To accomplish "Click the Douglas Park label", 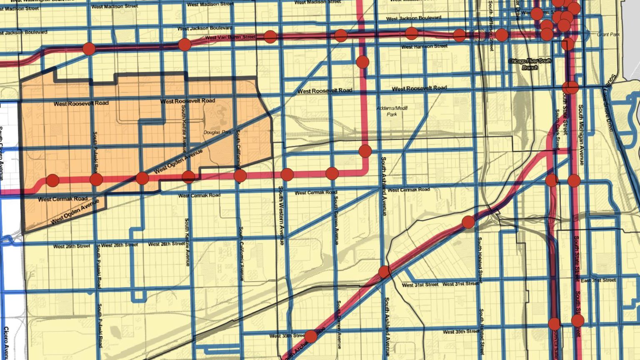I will (x=217, y=132).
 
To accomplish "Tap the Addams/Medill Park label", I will (x=392, y=111).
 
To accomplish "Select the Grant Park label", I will (x=608, y=34).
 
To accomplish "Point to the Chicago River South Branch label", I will (x=530, y=64).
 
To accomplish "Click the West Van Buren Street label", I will (x=230, y=37).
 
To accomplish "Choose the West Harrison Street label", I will (x=424, y=47).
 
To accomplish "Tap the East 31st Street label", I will (x=598, y=280).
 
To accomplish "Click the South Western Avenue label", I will (x=281, y=215).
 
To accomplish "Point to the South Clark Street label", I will (x=557, y=129).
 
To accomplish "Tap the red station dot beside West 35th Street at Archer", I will (x=311, y=336).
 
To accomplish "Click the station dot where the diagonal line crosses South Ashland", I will (x=384, y=272).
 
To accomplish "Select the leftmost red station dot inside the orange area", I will (x=52, y=180).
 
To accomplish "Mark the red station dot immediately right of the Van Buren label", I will (x=270, y=37).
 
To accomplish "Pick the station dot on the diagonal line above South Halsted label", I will (x=468, y=222).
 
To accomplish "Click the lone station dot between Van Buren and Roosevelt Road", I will (x=362, y=62).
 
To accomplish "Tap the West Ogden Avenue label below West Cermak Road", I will (x=75, y=212).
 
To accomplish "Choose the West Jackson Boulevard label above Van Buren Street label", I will (x=205, y=28).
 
